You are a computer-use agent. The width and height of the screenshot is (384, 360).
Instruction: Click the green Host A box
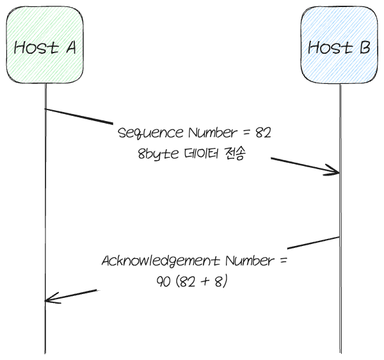(45, 45)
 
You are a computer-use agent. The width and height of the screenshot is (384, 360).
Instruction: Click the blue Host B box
(339, 45)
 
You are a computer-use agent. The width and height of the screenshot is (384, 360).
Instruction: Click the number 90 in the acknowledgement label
(163, 282)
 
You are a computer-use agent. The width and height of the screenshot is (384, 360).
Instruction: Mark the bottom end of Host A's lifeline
(45, 352)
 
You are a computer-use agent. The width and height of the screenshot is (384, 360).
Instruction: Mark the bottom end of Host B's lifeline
(340, 352)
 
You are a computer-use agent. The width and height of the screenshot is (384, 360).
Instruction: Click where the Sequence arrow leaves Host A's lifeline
(45, 110)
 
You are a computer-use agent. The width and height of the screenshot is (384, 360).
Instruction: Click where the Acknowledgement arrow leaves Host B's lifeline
(339, 238)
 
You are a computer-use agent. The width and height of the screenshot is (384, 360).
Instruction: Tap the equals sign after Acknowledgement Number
(284, 262)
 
